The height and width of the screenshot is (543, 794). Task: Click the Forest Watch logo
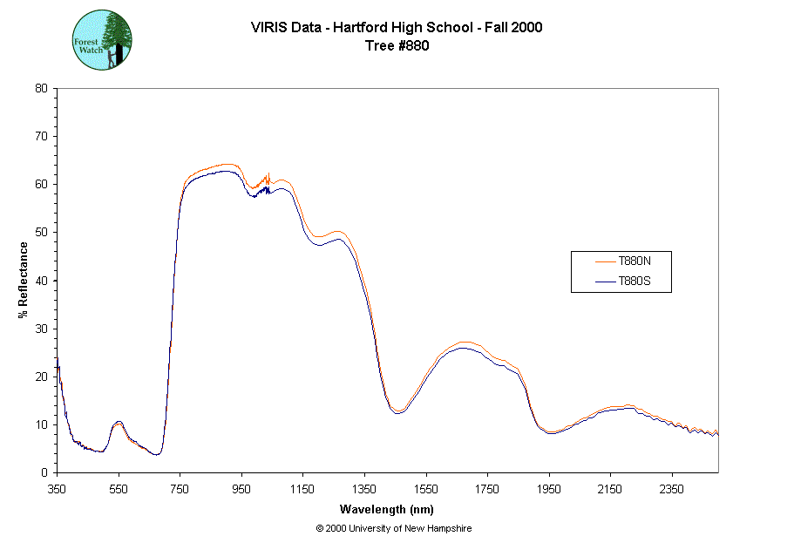pos(102,40)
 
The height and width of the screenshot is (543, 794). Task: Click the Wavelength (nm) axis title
pos(388,509)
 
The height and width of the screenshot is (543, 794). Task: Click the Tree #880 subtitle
pos(397,46)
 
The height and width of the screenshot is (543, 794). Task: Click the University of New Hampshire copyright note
pos(394,528)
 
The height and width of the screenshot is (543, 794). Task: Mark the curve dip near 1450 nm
pos(398,411)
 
